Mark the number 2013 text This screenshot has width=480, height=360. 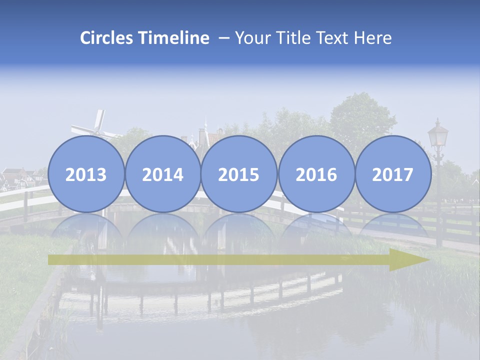pos(86,175)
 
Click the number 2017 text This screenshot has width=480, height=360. pos(392,175)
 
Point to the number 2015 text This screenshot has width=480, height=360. pos(239,175)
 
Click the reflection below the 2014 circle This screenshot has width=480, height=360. pos(162,227)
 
